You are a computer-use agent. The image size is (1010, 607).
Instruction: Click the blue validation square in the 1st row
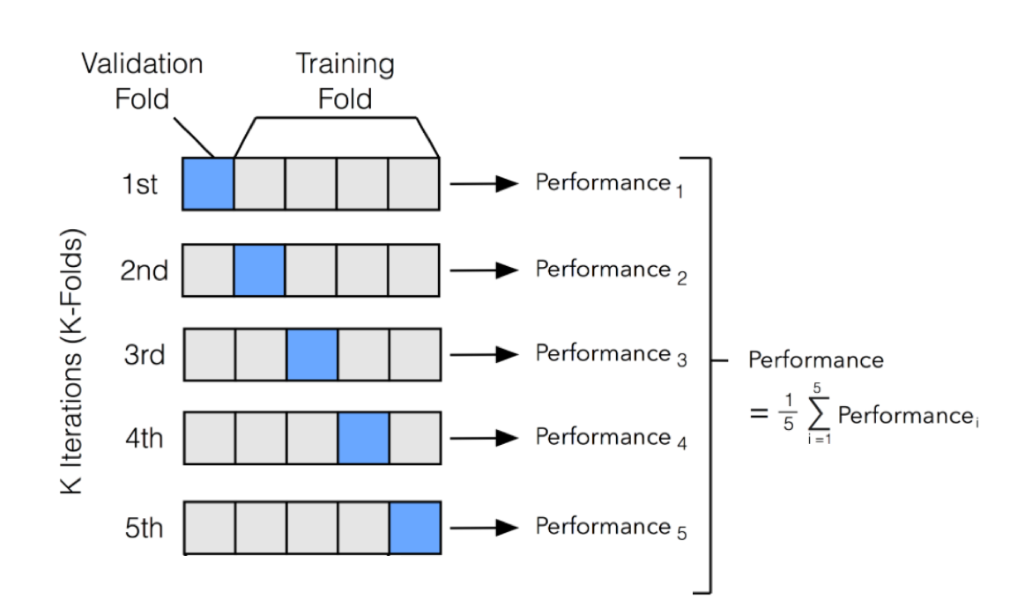click(x=208, y=184)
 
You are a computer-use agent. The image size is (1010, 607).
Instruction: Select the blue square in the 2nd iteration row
click(x=259, y=270)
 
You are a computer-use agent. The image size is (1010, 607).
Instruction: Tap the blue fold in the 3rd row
click(x=311, y=355)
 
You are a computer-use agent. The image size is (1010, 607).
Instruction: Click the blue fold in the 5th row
click(x=414, y=527)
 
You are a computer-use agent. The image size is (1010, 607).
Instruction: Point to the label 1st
click(x=141, y=185)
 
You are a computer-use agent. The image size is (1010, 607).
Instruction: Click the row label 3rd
click(x=144, y=356)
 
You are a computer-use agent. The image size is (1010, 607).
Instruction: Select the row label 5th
click(x=143, y=528)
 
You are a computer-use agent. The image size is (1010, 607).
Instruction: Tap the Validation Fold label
click(x=142, y=81)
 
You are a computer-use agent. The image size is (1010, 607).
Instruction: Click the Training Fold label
click(x=345, y=81)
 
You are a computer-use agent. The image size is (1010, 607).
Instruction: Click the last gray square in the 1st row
click(x=414, y=184)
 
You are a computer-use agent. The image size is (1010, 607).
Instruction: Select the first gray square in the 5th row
click(x=208, y=527)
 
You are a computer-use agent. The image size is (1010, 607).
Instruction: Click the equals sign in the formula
click(x=759, y=412)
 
